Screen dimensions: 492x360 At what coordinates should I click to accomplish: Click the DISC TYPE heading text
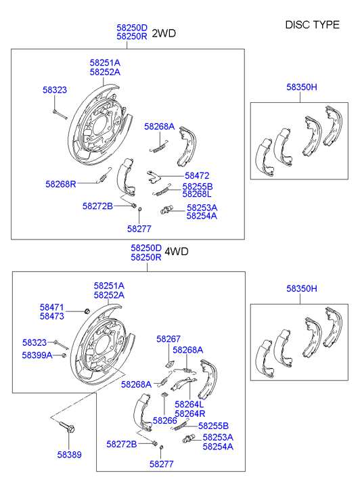pyautogui.click(x=312, y=24)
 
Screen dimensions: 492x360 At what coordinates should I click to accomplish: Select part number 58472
pyautogui.click(x=197, y=175)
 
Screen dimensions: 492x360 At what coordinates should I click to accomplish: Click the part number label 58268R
pyautogui.click(x=61, y=183)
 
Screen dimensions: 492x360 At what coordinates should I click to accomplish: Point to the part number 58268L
pyautogui.click(x=198, y=194)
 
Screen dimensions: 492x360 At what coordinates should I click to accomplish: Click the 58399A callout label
pyautogui.click(x=37, y=355)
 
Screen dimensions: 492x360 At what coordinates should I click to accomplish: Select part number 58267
pyautogui.click(x=168, y=339)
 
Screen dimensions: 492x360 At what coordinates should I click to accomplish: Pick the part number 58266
pyautogui.click(x=164, y=420)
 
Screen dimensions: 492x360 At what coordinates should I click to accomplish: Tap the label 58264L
pyautogui.click(x=189, y=404)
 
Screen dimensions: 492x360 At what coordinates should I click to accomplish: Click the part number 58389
pyautogui.click(x=69, y=455)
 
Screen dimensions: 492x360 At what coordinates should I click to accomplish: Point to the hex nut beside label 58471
pyautogui.click(x=87, y=311)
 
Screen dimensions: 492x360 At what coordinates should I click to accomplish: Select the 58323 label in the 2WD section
pyautogui.click(x=55, y=89)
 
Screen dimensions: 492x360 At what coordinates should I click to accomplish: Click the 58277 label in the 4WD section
pyautogui.click(x=162, y=464)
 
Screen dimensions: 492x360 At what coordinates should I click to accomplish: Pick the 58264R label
pyautogui.click(x=189, y=413)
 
